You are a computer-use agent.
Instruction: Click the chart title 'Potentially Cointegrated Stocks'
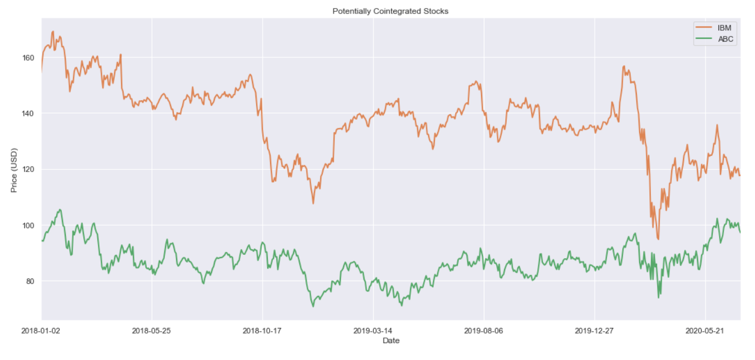[390, 11]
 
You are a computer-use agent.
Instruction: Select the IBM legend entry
[725, 27]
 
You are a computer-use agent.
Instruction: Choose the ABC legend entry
[725, 39]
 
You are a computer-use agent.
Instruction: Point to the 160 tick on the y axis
[28, 58]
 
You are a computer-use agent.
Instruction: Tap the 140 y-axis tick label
[28, 114]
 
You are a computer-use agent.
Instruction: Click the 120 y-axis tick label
[28, 169]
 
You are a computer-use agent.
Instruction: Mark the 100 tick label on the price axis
[28, 226]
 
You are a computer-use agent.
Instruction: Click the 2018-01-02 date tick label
[42, 331]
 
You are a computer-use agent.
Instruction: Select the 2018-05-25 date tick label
[152, 331]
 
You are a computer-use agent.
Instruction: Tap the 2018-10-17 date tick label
[262, 331]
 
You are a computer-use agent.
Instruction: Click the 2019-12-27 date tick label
[594, 331]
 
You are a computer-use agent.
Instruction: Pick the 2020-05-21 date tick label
[705, 331]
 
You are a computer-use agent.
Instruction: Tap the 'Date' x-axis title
[391, 340]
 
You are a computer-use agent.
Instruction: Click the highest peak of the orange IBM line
[53, 31]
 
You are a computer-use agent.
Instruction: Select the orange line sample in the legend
[705, 27]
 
